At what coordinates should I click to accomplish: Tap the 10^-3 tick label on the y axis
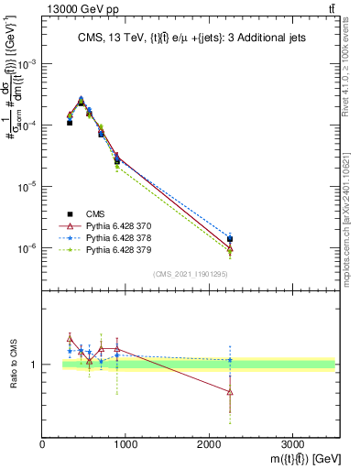[27, 63]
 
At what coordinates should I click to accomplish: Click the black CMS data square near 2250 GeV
[230, 239]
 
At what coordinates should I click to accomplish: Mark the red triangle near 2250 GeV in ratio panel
[230, 392]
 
